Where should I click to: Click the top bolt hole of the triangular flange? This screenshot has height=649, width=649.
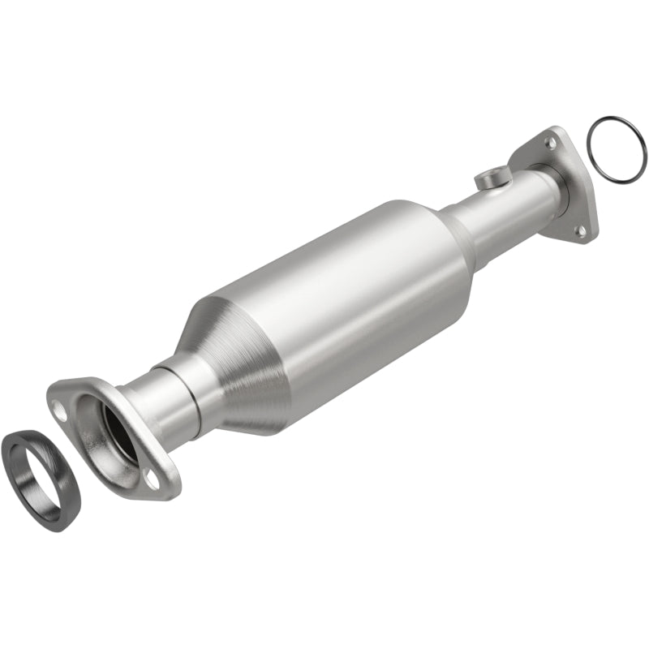552,143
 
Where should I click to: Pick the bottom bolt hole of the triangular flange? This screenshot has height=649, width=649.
581,230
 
